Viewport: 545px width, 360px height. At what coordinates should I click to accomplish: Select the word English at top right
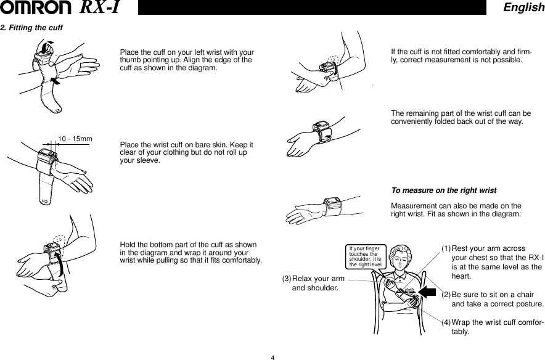coord(523,7)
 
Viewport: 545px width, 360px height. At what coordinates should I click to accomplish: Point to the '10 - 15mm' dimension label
coord(75,139)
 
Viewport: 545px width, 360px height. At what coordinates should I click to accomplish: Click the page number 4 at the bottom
coord(272,356)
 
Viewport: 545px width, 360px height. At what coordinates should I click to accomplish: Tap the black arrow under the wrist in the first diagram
coord(55,81)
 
